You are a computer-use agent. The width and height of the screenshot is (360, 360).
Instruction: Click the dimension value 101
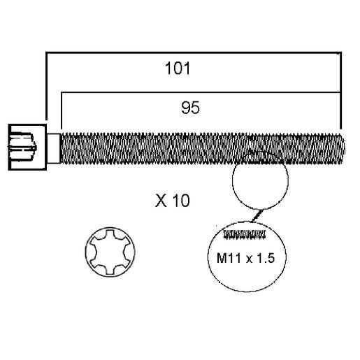[178, 68]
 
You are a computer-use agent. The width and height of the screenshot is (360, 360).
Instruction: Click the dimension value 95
[191, 108]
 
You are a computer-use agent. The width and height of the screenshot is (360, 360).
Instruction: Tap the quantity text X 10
[173, 201]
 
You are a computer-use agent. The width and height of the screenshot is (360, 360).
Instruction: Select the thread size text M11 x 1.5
[245, 258]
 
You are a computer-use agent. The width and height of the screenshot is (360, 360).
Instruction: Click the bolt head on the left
[27, 147]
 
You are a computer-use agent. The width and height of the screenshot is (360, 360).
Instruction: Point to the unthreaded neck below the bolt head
[54, 148]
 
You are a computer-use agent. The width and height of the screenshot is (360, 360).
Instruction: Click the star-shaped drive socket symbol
[110, 252]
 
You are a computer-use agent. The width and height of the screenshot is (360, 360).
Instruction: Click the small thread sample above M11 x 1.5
[245, 234]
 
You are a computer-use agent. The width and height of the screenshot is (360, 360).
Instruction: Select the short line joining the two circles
[257, 215]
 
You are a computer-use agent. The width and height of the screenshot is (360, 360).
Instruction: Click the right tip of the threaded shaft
[344, 148]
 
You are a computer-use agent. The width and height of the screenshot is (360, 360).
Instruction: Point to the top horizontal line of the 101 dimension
[194, 53]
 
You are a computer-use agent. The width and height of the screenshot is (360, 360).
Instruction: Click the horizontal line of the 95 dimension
[201, 92]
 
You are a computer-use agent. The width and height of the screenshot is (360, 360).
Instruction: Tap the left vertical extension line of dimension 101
[47, 86]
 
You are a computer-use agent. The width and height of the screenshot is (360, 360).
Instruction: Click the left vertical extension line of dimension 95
[62, 110]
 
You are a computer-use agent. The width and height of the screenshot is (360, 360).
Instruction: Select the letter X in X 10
[161, 201]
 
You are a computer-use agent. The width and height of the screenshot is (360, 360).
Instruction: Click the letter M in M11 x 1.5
[221, 258]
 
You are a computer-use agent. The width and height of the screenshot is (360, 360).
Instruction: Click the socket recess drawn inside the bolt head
[22, 147]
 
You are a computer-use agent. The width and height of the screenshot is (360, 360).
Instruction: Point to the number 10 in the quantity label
[181, 201]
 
